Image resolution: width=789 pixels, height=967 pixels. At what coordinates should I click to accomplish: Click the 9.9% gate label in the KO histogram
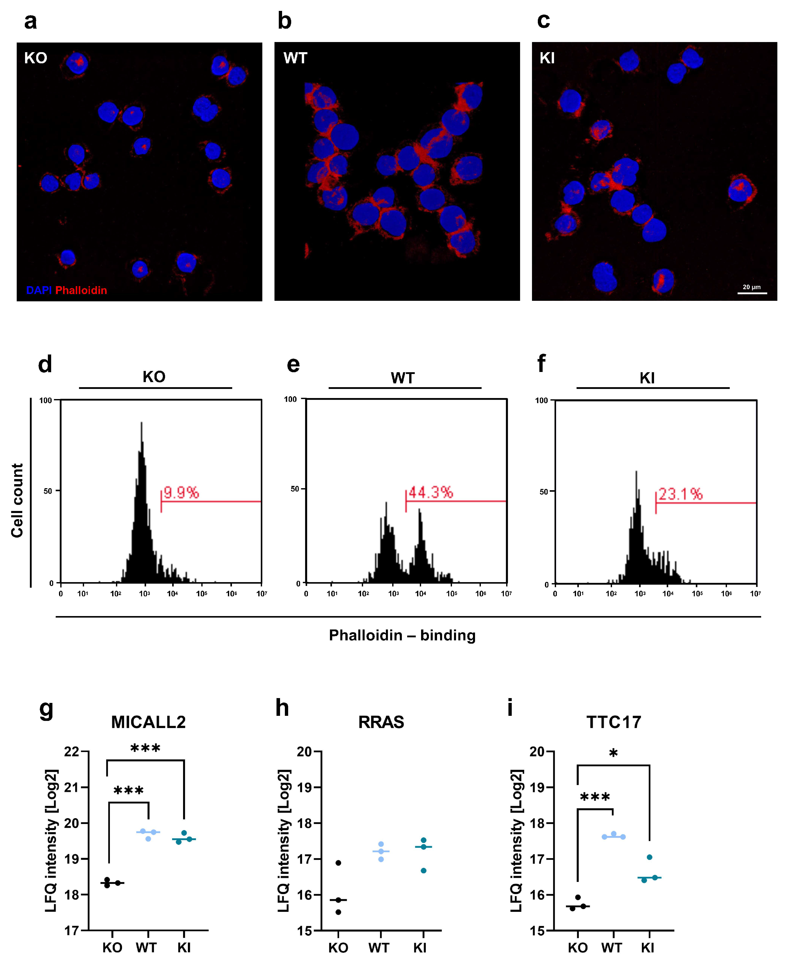[x=181, y=492]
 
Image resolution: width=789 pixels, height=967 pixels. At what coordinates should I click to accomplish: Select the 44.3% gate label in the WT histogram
[x=430, y=492]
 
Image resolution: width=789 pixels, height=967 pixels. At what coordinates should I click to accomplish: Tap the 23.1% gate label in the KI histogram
[x=680, y=494]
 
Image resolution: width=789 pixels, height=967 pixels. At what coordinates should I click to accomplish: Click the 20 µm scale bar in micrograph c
[x=752, y=293]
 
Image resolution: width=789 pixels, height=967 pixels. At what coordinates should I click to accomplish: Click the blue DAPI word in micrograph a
[x=39, y=290]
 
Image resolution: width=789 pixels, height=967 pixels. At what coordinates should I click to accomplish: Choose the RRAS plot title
[x=381, y=722]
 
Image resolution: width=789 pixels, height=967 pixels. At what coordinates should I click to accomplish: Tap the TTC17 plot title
[x=614, y=722]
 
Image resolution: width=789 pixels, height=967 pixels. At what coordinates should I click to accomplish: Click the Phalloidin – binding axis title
[x=402, y=635]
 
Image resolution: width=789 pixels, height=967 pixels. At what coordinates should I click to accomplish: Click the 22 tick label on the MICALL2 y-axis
[x=71, y=752]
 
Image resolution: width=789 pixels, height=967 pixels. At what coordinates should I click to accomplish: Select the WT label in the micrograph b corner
[x=295, y=58]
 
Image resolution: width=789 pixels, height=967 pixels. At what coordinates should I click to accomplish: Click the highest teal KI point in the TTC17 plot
[x=649, y=857]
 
